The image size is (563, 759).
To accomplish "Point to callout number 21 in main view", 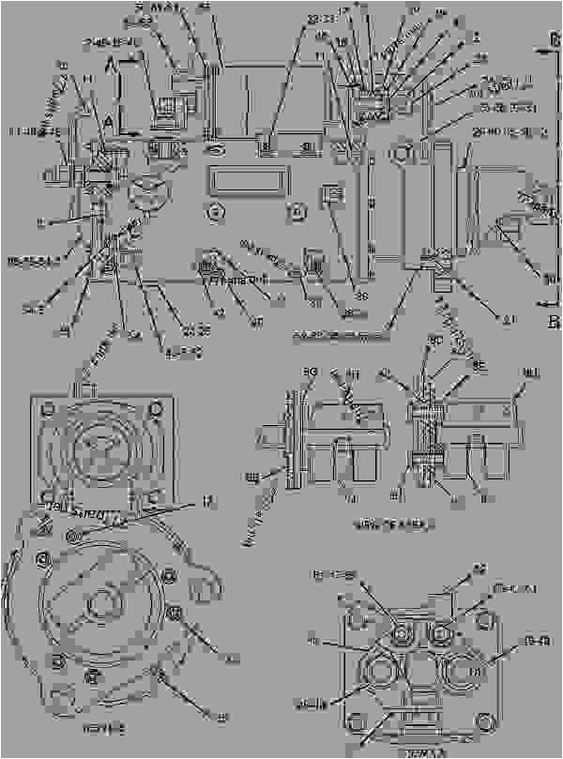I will coord(510,319).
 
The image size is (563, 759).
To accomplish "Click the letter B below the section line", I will coord(553,324).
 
